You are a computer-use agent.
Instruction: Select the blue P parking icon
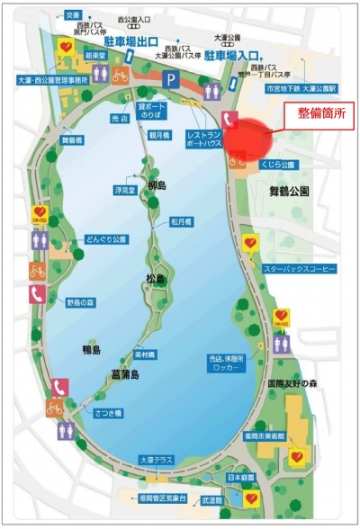[x=170, y=79]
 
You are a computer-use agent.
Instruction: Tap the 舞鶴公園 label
[x=289, y=191]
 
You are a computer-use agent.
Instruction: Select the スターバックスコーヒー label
[x=298, y=269]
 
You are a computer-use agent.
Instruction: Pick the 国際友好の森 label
[x=293, y=382]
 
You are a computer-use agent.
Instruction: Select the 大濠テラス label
[x=155, y=460]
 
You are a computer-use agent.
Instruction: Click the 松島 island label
[x=154, y=279]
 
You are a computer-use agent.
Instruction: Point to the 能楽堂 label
[x=94, y=54]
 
